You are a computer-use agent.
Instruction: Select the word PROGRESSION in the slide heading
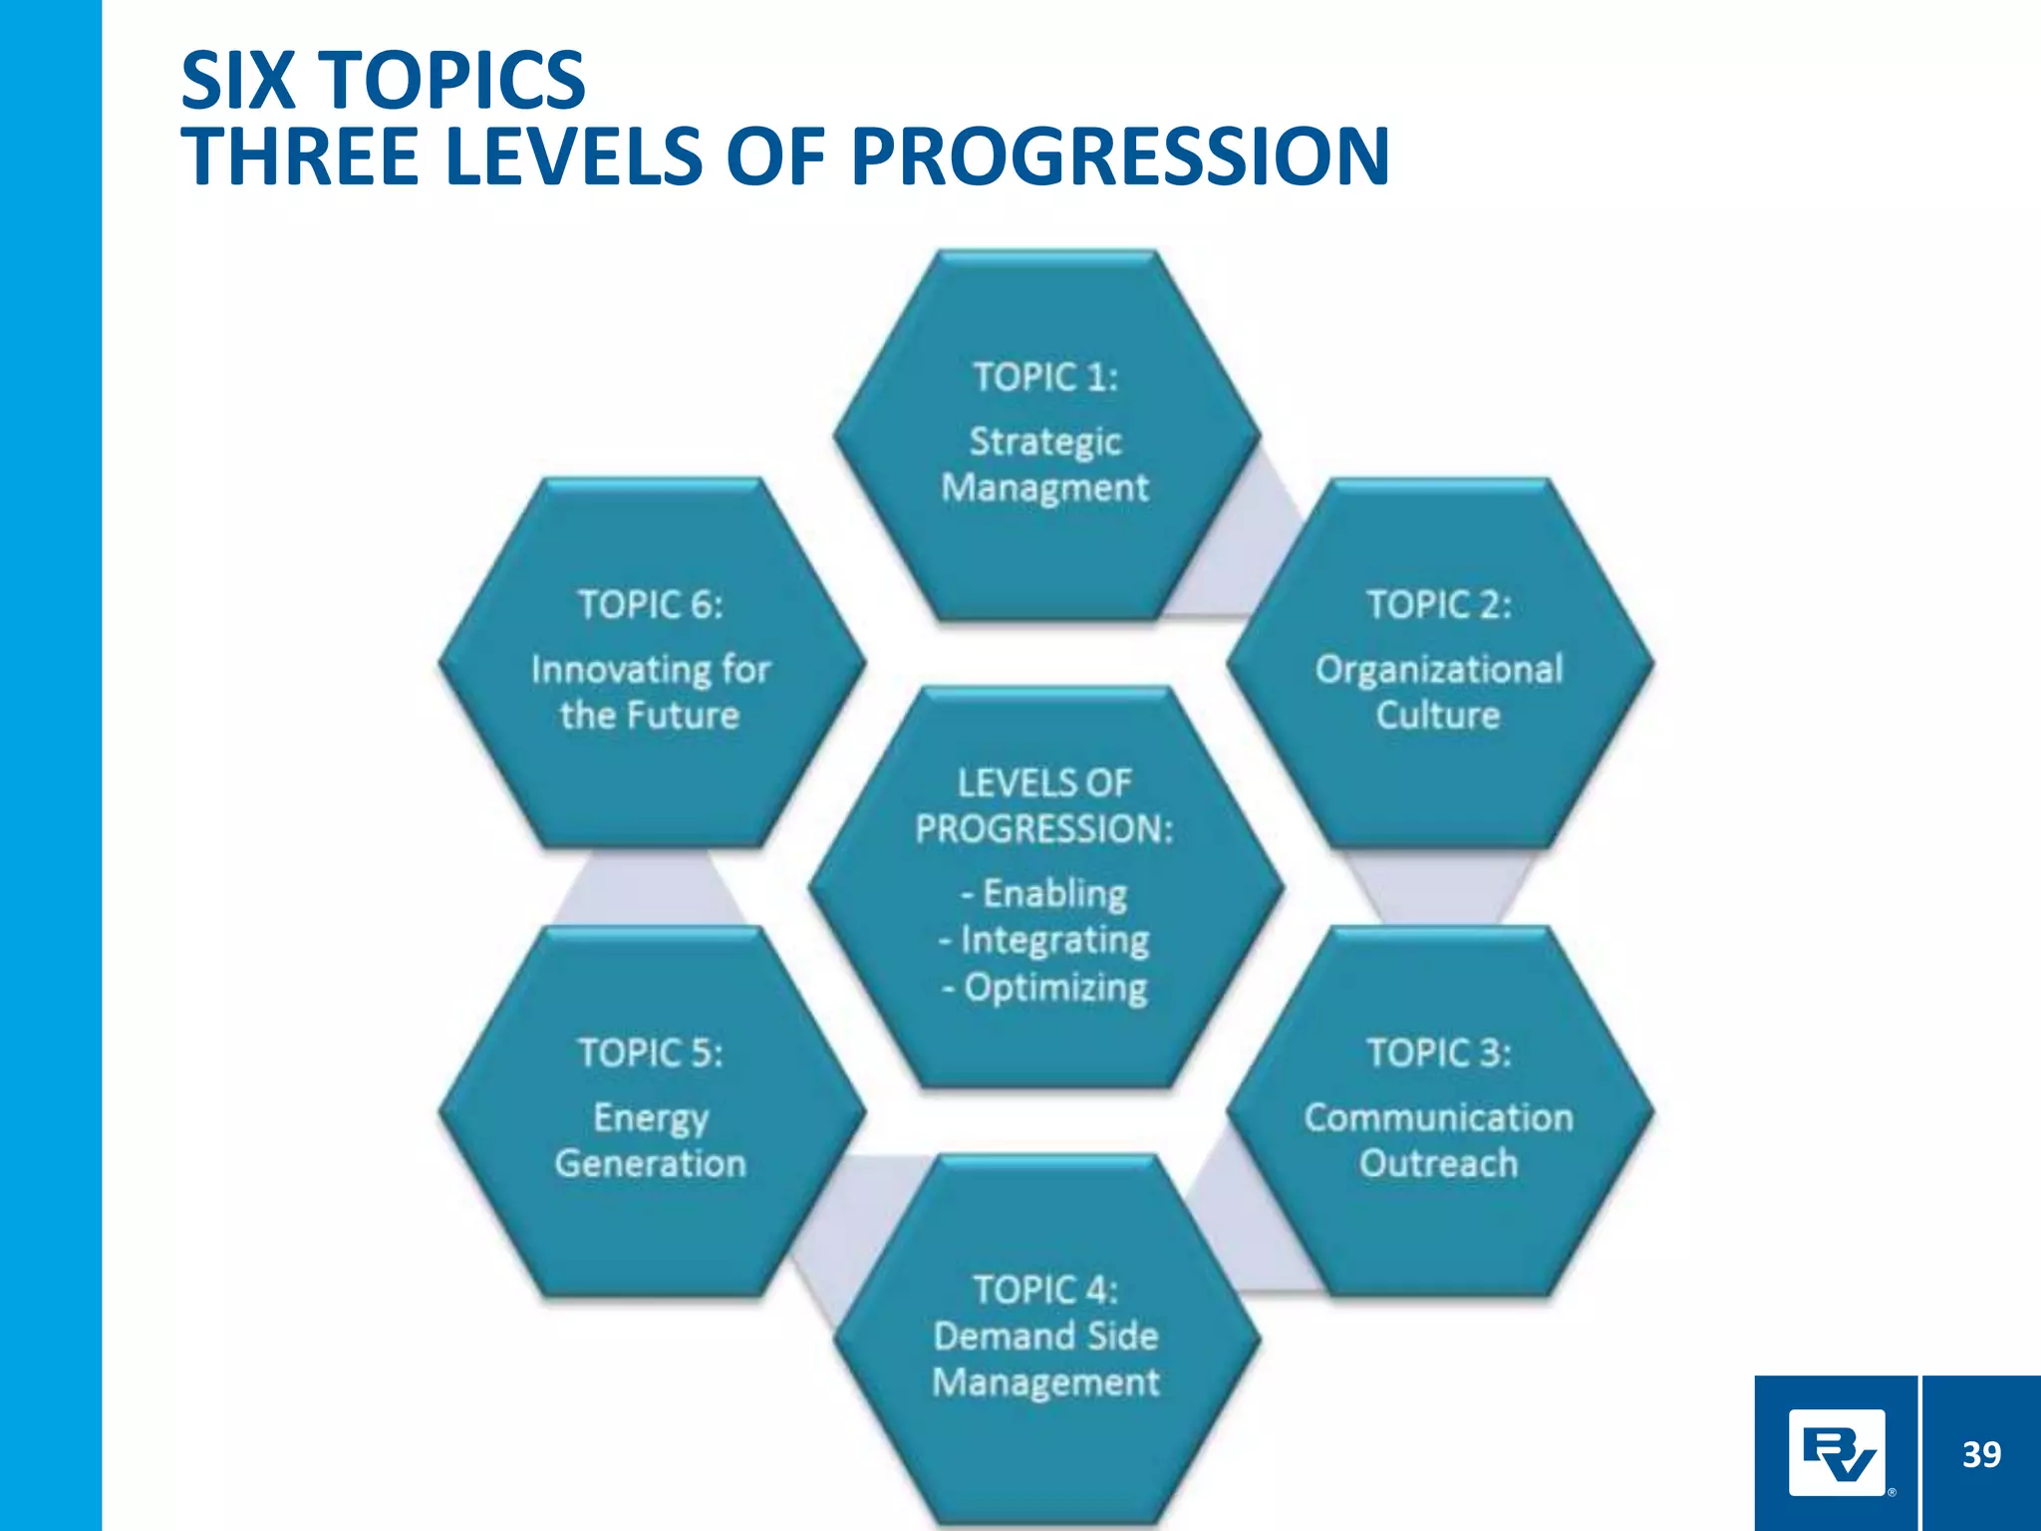click(x=1120, y=156)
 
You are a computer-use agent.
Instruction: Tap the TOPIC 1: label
click(x=1045, y=377)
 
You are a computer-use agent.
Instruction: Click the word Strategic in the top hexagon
click(x=1045, y=441)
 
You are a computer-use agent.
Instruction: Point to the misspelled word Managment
click(x=1045, y=487)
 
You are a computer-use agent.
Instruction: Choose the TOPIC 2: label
click(x=1438, y=604)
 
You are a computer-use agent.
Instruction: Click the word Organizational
click(x=1438, y=669)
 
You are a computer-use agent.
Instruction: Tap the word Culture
click(x=1438, y=715)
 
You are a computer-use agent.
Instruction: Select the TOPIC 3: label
click(x=1438, y=1053)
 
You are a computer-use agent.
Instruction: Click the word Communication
click(x=1438, y=1117)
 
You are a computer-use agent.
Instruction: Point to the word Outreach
click(x=1438, y=1163)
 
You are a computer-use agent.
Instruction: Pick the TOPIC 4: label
click(x=1045, y=1289)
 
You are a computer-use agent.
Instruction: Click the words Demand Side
click(x=1045, y=1336)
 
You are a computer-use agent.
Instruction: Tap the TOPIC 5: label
click(x=650, y=1053)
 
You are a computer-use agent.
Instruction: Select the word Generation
click(x=650, y=1163)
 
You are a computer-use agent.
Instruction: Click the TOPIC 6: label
click(x=650, y=604)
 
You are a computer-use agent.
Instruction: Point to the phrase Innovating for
click(x=650, y=669)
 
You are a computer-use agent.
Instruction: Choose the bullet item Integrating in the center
click(x=1045, y=939)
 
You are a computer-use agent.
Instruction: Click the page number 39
click(x=1981, y=1454)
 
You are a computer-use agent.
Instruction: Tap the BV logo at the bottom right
click(x=1836, y=1452)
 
